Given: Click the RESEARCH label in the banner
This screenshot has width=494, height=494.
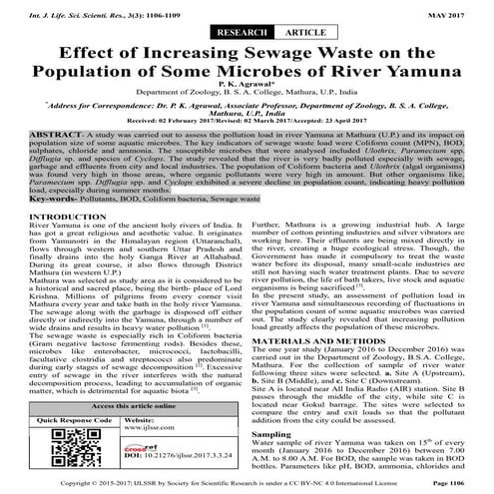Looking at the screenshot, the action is point(217,32).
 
